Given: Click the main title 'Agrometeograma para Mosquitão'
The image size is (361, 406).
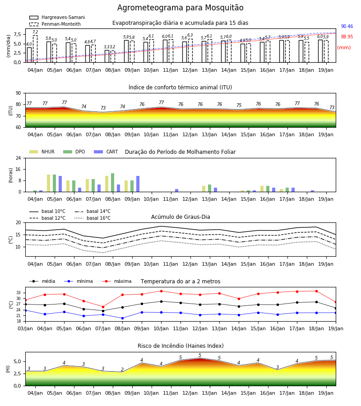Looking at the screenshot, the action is click(x=180, y=8).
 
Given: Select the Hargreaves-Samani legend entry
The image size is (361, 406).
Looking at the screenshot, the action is click(x=57, y=17).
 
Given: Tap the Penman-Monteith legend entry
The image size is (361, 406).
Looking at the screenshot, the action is click(x=55, y=24).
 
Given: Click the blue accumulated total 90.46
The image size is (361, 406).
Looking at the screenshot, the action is click(x=347, y=27).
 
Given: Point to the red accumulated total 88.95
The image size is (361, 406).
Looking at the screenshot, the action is click(x=347, y=37).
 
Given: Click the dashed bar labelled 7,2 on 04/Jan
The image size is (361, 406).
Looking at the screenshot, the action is click(x=35, y=49).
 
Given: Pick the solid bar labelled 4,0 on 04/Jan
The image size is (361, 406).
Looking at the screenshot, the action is click(x=29, y=55).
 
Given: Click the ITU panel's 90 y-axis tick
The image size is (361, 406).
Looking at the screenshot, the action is click(x=19, y=93).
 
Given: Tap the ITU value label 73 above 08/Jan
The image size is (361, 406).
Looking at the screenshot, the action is click(x=103, y=108).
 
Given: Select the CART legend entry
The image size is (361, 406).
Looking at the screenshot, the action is click(x=106, y=152).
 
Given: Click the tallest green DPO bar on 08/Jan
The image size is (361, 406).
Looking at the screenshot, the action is click(x=113, y=183).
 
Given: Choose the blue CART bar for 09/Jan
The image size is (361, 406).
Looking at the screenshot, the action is click(x=138, y=184).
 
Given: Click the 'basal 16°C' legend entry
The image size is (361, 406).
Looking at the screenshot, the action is click(x=93, y=218).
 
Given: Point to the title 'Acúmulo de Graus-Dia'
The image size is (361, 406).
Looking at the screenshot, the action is click(x=180, y=217).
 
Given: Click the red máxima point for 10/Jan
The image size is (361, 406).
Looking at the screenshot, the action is click(x=162, y=291).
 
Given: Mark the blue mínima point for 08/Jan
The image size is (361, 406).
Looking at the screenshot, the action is click(x=122, y=318).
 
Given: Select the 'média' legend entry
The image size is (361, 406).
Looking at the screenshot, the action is click(x=42, y=281).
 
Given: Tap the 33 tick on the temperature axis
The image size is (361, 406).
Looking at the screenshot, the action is click(x=19, y=293).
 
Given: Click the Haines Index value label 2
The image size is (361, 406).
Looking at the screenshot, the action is click(x=122, y=369).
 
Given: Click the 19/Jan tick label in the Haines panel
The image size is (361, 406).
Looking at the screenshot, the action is click(x=326, y=393).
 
